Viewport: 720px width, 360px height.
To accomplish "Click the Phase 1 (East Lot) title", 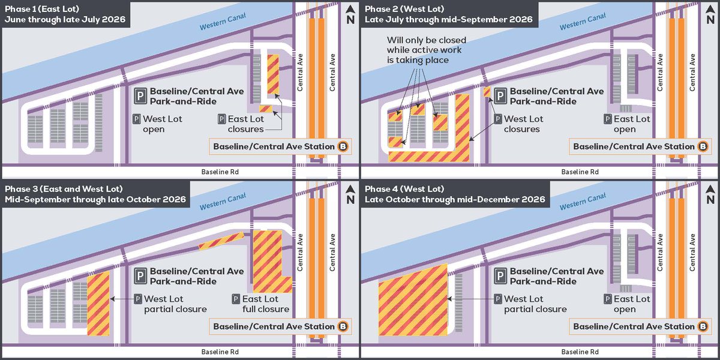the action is (42, 9).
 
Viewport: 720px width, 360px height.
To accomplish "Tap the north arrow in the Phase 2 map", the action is (710, 14).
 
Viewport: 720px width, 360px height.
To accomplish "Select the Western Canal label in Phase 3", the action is (223, 202).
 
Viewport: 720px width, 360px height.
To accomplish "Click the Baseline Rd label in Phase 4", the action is (580, 352).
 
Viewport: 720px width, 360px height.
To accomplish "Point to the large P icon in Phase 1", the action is (140, 96).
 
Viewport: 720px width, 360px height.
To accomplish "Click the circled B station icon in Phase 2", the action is (703, 146).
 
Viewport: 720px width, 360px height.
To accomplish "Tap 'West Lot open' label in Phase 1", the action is (157, 124).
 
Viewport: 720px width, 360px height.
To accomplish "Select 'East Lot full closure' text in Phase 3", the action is (260, 304).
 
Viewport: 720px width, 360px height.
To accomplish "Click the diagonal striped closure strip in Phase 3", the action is (221, 241).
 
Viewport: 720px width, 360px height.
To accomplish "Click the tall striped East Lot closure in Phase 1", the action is (273, 74).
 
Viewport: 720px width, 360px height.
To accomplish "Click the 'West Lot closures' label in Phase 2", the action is (518, 124).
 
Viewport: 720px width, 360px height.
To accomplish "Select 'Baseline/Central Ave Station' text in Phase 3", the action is (274, 326).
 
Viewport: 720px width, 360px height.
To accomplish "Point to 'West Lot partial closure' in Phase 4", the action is (530, 304).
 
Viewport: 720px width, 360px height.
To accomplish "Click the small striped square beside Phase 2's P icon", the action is (487, 92).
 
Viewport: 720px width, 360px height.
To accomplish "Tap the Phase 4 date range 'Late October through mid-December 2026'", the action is (455, 199).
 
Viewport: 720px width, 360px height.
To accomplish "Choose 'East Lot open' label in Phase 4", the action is (627, 304).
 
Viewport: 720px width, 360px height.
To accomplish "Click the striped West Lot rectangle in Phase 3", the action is (98, 304).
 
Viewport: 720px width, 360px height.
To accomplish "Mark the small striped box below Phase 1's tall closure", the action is (266, 109).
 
